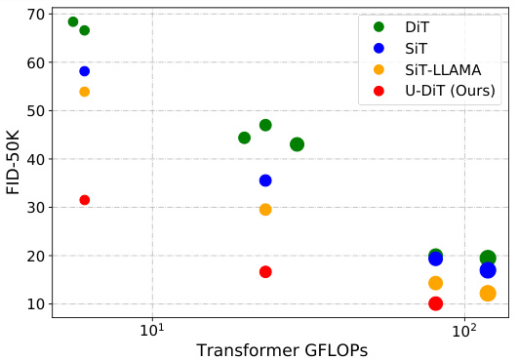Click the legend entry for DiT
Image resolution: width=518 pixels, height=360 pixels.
pos(417,27)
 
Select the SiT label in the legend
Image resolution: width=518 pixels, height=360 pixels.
pos(417,48)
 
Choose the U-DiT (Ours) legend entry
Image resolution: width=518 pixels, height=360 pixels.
pos(450,91)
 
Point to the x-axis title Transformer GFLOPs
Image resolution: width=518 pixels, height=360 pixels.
pos(281,349)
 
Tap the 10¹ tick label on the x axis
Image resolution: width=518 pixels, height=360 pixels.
pos(152,328)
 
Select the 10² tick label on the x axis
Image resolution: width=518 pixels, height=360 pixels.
pos(465,328)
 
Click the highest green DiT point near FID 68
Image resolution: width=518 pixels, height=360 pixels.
pos(73,21)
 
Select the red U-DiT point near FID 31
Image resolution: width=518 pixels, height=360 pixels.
pos(85,200)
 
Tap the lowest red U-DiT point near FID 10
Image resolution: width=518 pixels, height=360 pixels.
pos(436,303)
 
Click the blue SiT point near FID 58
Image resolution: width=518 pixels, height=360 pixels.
pos(85,71)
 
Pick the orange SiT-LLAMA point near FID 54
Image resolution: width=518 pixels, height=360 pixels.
pos(85,92)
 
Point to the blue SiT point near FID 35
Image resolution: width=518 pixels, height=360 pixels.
pos(265,180)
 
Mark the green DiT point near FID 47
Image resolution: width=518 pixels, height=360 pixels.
pos(265,125)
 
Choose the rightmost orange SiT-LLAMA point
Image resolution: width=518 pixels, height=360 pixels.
pos(488,294)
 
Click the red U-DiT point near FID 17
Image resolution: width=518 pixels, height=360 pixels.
pos(265,272)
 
